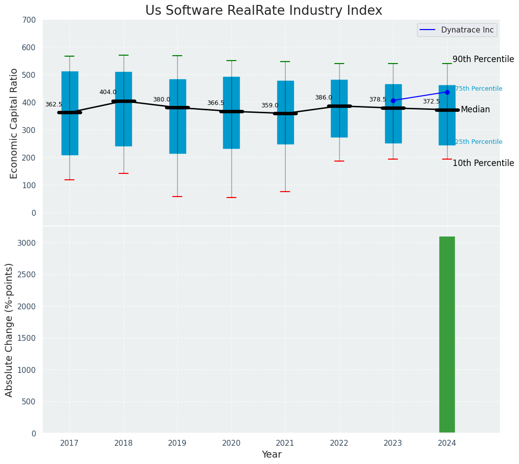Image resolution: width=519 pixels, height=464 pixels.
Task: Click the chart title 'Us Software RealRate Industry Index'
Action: (263, 11)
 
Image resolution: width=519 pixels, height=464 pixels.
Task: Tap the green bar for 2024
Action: (447, 335)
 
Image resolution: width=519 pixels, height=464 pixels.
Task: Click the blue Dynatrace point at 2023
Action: (393, 100)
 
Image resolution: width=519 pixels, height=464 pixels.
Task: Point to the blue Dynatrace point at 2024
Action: (447, 92)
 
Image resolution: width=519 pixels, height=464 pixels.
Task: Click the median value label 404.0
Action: (108, 92)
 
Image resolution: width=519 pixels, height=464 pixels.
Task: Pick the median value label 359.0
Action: (270, 105)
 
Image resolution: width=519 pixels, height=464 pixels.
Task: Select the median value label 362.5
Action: (54, 104)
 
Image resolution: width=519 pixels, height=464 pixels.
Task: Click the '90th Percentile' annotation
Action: (483, 59)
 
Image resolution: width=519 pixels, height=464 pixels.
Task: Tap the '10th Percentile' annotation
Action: (483, 163)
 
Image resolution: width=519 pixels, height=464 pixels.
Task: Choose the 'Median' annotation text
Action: (475, 109)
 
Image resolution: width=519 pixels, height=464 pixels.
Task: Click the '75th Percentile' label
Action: (478, 89)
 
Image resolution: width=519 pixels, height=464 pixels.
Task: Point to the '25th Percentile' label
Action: (478, 142)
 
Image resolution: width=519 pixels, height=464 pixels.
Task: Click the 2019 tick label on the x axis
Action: (177, 443)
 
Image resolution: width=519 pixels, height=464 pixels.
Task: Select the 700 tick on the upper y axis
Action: (29, 20)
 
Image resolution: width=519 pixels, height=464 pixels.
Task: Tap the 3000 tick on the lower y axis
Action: (27, 243)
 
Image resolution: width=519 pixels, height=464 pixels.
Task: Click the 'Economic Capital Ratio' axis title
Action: (14, 123)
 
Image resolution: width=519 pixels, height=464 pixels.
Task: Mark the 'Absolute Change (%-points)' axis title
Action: (9, 330)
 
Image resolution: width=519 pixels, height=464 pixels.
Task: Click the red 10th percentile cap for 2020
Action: (231, 198)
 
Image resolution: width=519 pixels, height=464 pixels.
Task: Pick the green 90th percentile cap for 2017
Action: (69, 56)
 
